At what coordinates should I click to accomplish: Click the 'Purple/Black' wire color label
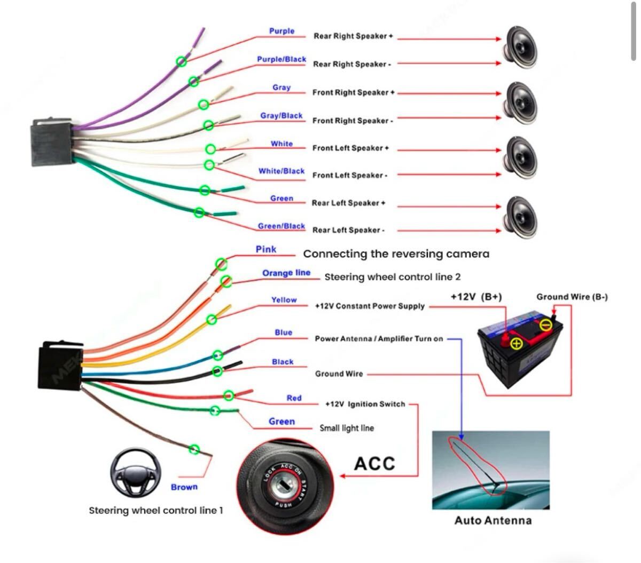pos(281,59)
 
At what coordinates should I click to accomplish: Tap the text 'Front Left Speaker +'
pos(350,148)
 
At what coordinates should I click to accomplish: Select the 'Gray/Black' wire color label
pos(281,116)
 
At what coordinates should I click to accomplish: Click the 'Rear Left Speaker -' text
pos(348,230)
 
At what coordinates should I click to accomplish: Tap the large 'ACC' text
pos(374,463)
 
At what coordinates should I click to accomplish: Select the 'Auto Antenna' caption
pos(493,520)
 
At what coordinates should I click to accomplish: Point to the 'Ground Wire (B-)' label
pos(572,297)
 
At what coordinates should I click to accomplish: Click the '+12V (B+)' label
pos(476,297)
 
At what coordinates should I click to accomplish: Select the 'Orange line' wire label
pos(286,273)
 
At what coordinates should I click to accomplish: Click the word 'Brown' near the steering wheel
pos(184,487)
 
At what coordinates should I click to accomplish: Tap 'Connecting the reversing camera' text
pos(396,254)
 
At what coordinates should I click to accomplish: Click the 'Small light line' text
pos(347,428)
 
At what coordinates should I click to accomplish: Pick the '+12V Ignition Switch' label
pos(365,404)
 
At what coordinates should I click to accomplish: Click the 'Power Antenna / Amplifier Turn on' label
pos(379,339)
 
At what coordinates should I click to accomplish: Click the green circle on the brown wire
pos(194,450)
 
